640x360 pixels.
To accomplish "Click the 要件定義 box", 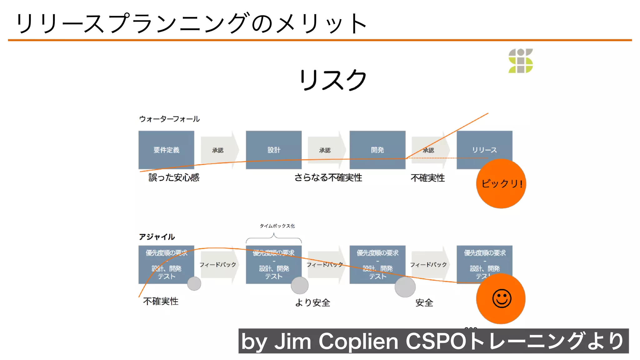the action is (166, 150).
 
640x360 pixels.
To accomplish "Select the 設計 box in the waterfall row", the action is (273, 150).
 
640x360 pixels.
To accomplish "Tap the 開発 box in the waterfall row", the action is (377, 150).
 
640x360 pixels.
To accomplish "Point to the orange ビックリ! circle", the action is (501, 184).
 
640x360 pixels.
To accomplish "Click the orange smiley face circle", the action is (501, 298).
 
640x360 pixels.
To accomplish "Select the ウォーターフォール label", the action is (169, 119).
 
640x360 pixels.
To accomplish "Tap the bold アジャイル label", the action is (157, 237).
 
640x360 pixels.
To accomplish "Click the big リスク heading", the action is (332, 80).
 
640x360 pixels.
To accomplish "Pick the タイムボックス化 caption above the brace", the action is (277, 226).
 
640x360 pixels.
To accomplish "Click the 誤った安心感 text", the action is (174, 177).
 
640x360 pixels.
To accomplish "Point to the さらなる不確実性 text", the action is (328, 177).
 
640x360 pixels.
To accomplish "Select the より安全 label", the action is (312, 302).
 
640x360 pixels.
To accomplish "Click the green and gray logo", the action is (520, 61).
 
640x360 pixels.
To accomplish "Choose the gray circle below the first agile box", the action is (194, 284).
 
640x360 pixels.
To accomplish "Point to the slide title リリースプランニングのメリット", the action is (191, 23).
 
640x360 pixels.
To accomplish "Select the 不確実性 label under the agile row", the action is (161, 301).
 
